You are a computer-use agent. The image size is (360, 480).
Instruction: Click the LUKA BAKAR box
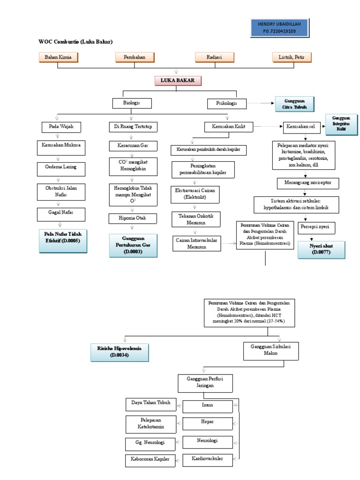[178, 81]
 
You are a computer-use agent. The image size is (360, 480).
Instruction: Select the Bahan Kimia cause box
[58, 57]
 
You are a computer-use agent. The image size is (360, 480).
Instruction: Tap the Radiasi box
[214, 57]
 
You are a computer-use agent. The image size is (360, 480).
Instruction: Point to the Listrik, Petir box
[291, 57]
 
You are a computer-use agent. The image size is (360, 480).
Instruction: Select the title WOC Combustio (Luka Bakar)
[75, 42]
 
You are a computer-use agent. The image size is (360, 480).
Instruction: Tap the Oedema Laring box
[58, 167]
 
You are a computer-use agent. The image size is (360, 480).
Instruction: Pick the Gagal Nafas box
[58, 213]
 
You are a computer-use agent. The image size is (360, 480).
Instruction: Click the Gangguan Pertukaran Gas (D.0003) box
[133, 245]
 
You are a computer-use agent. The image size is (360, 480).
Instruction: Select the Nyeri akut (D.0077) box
[321, 249]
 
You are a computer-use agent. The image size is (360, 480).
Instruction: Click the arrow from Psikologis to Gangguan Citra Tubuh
[261, 103]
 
